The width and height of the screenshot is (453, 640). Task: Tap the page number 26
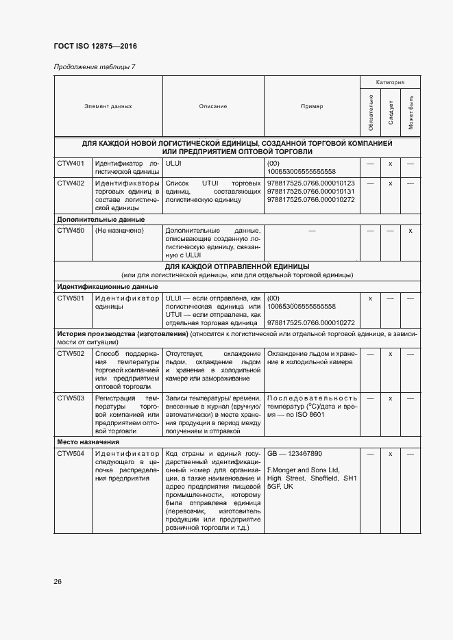coord(58,581)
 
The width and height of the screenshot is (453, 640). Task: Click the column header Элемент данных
coord(108,107)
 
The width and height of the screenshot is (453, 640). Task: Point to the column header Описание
coord(213,107)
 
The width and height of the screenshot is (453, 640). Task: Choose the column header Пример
coord(312,107)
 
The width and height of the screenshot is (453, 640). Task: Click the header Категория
coord(390,82)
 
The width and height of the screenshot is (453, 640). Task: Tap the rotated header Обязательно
coord(370,114)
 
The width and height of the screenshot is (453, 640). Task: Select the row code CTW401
coord(71,164)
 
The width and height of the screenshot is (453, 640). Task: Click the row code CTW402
coord(71,183)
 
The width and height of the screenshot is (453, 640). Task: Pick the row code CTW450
coord(71,231)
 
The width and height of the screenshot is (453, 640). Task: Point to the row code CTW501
coord(71,298)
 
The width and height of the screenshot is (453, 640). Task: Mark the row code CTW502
coord(71,353)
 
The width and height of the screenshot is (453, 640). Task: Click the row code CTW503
coord(71,398)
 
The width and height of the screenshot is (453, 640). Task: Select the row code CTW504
coord(71,454)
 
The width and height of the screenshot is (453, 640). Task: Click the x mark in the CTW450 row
coord(410,231)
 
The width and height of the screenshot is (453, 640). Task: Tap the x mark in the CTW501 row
coord(370,298)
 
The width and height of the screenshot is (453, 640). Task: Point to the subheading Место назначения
coord(88,442)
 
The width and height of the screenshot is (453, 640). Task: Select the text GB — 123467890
coord(294,454)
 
